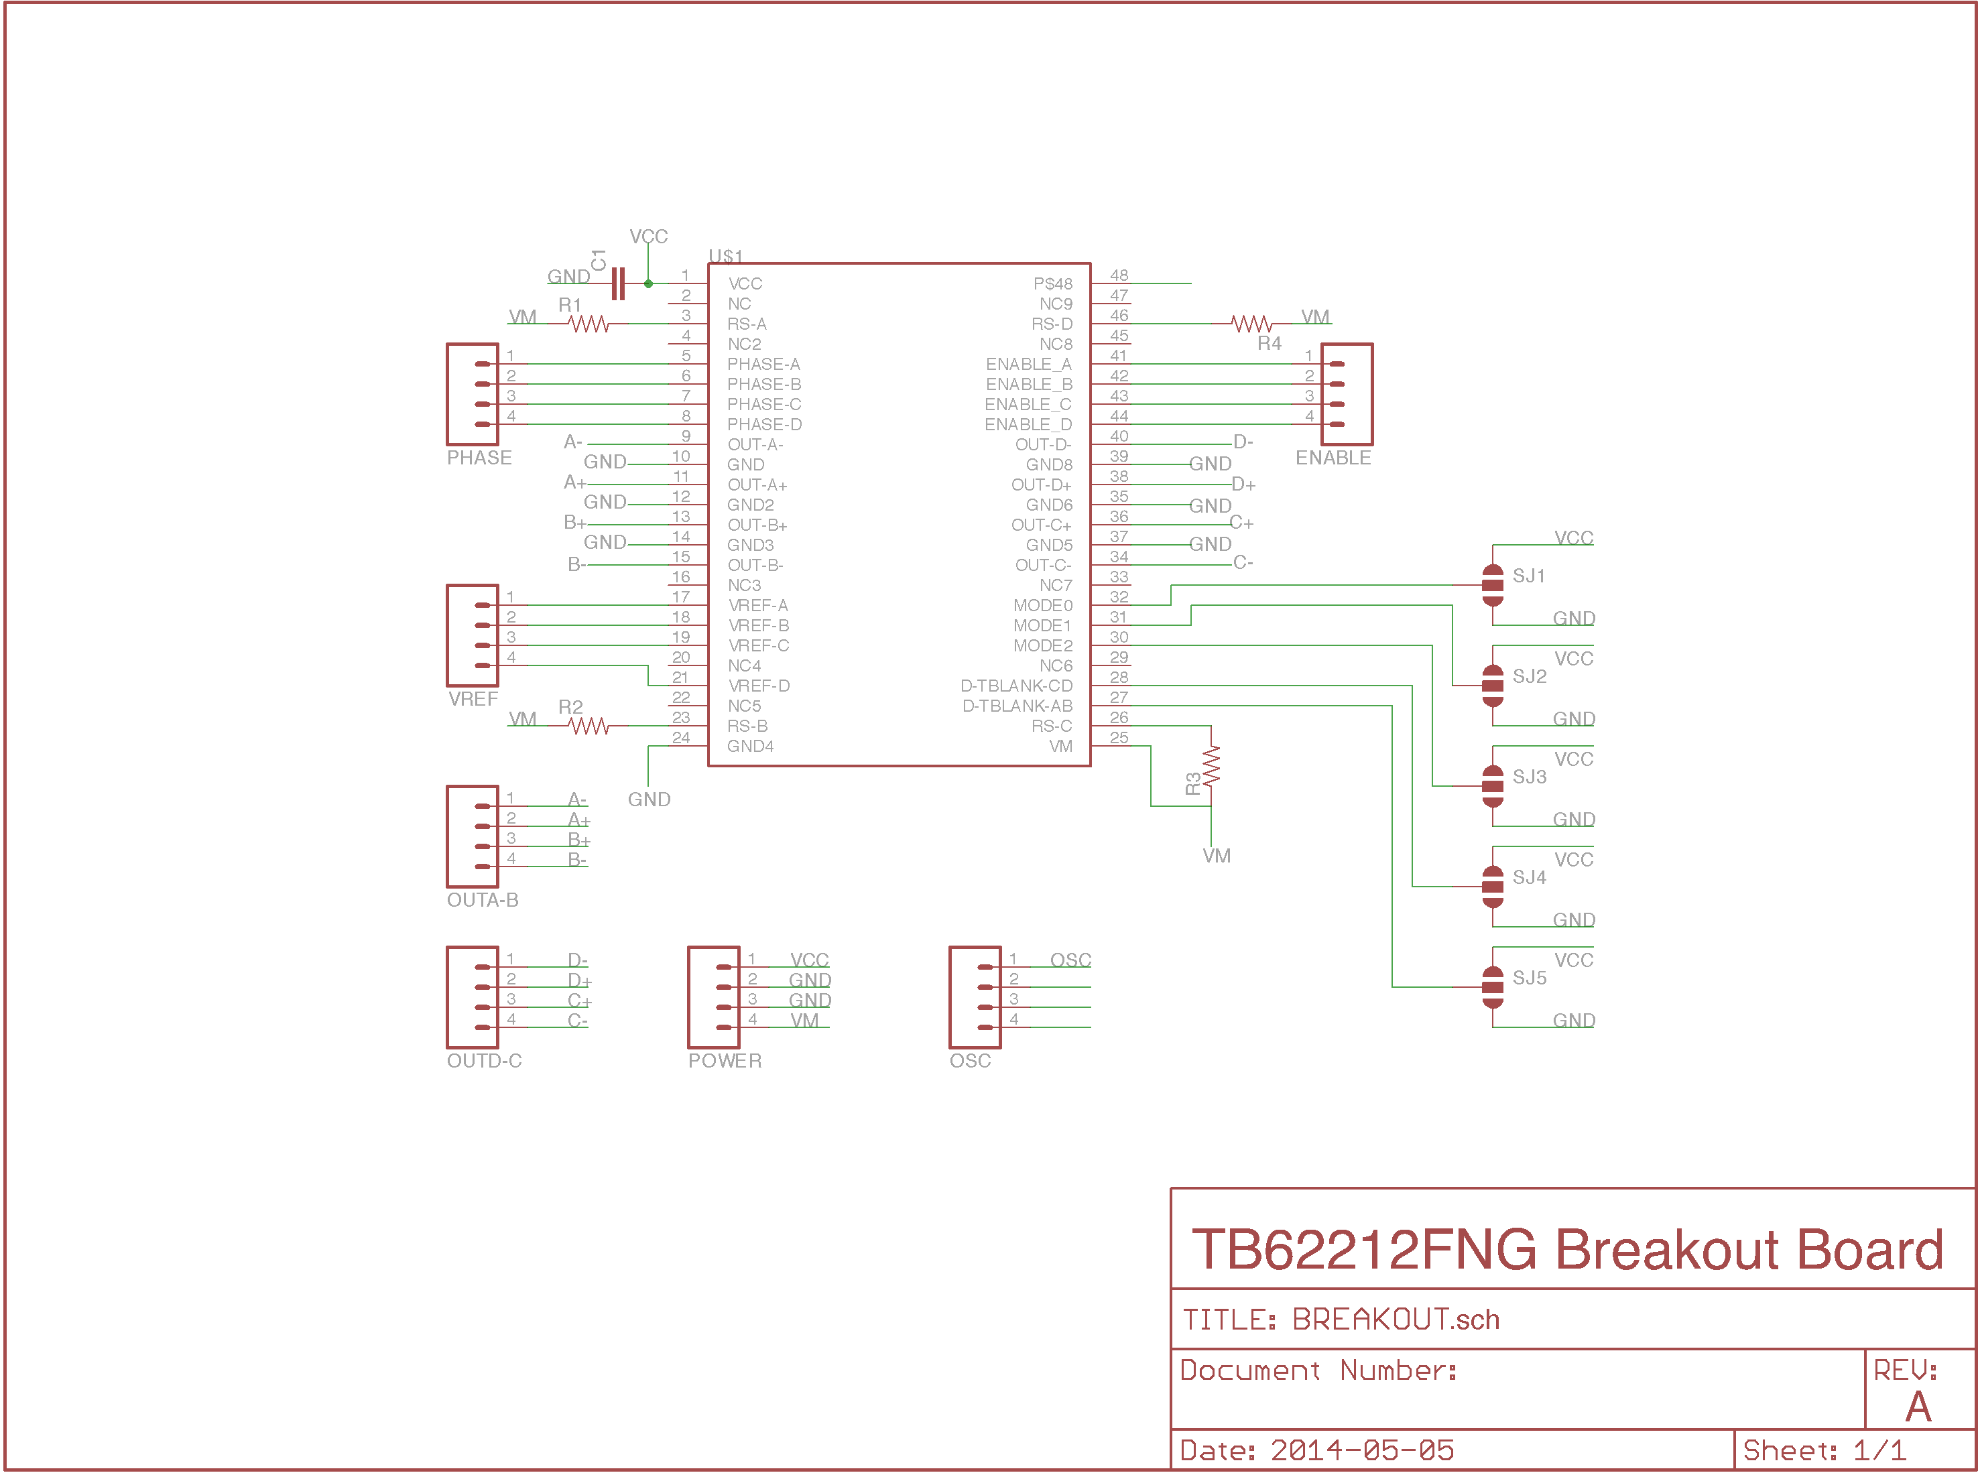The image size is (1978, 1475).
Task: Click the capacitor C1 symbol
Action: coord(617,284)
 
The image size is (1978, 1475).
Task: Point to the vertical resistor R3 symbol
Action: coord(1211,766)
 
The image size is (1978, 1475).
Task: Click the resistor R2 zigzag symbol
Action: coord(589,726)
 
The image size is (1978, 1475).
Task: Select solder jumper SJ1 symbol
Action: coord(1492,585)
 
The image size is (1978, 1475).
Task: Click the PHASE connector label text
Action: coord(479,458)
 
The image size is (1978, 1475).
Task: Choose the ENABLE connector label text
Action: coord(1333,458)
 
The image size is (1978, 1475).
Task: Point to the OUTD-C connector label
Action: coord(484,1061)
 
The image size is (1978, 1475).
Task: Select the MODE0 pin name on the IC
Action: coord(1042,605)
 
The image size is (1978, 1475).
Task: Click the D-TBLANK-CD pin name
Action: coord(1016,686)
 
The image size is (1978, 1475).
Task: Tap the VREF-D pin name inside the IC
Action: coord(759,686)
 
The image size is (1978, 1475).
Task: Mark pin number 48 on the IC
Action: coord(1119,275)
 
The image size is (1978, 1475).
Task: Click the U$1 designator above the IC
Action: coord(726,256)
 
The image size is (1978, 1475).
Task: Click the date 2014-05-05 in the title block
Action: coord(1362,1450)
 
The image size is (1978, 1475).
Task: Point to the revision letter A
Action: coord(1918,1407)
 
